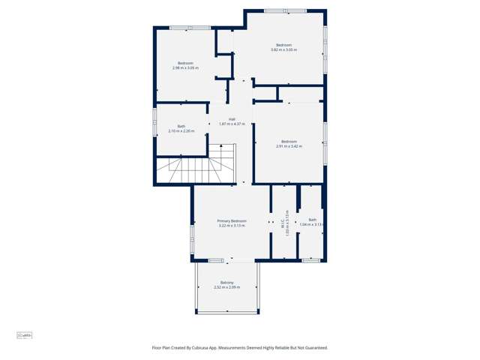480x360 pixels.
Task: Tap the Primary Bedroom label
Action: click(232, 221)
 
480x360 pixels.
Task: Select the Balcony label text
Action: click(226, 282)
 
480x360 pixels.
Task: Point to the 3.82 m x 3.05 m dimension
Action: click(283, 50)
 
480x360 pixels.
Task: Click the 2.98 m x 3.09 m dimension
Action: click(185, 67)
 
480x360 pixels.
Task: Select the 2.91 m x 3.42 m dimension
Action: click(289, 146)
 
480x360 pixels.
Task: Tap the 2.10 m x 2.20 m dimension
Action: click(181, 131)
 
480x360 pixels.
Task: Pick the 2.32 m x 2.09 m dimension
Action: click(226, 287)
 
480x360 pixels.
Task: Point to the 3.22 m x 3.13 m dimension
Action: click(232, 226)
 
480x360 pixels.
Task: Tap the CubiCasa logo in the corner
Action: click(25, 335)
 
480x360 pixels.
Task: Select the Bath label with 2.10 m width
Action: click(181, 126)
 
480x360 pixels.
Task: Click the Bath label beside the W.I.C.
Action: click(312, 220)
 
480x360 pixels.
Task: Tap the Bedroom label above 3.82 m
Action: click(283, 45)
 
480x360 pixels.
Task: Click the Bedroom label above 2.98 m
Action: click(185, 62)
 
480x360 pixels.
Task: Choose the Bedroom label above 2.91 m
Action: click(289, 141)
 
